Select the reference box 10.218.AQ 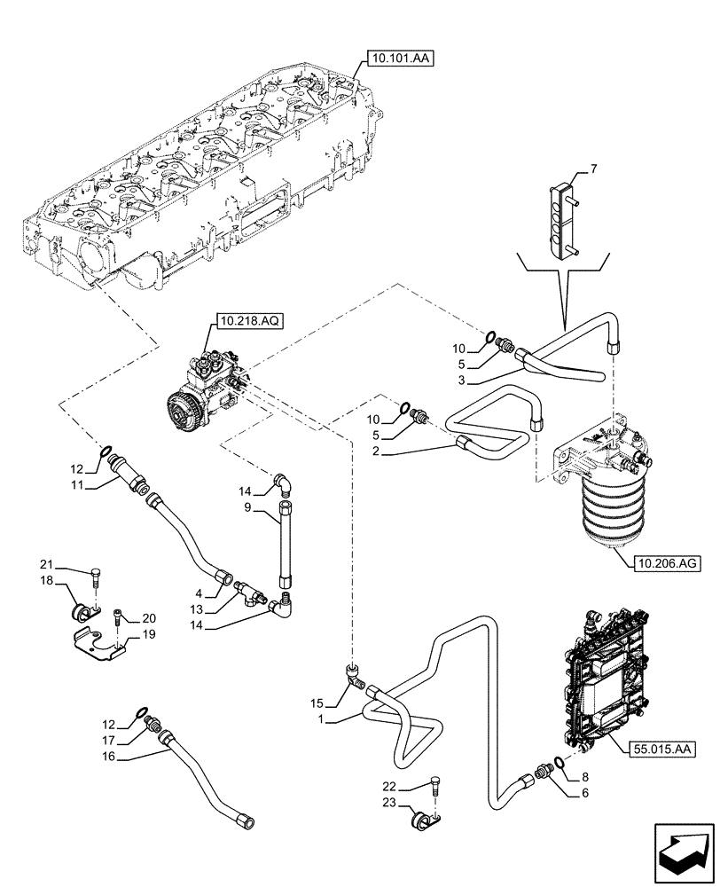click(247, 324)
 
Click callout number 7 click(594, 168)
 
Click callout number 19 click(149, 634)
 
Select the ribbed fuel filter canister click(605, 510)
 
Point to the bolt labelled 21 click(95, 579)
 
